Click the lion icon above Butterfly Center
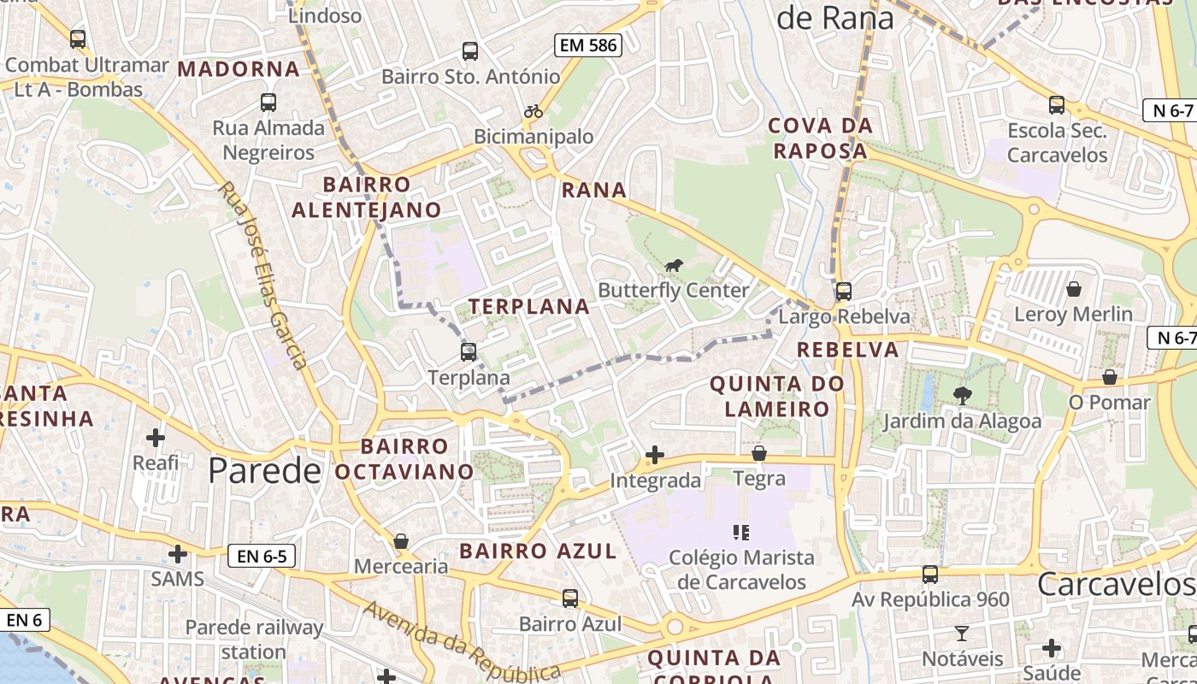(674, 266)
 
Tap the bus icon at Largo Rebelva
(844, 291)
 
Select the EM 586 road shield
(588, 45)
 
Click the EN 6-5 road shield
(262, 557)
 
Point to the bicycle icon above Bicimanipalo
(534, 111)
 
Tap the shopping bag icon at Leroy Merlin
(1073, 289)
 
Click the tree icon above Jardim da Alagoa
(962, 395)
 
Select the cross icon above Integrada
(655, 455)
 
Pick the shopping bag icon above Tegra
(759, 453)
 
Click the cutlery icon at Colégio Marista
(741, 533)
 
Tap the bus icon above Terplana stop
(469, 351)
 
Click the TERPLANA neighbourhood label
(529, 307)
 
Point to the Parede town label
(264, 470)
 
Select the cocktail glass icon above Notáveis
(962, 634)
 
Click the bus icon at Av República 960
(930, 575)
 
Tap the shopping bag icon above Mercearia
(401, 541)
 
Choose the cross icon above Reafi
(156, 438)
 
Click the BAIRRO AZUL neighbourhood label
(538, 551)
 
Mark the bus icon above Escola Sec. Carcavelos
(1057, 105)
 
